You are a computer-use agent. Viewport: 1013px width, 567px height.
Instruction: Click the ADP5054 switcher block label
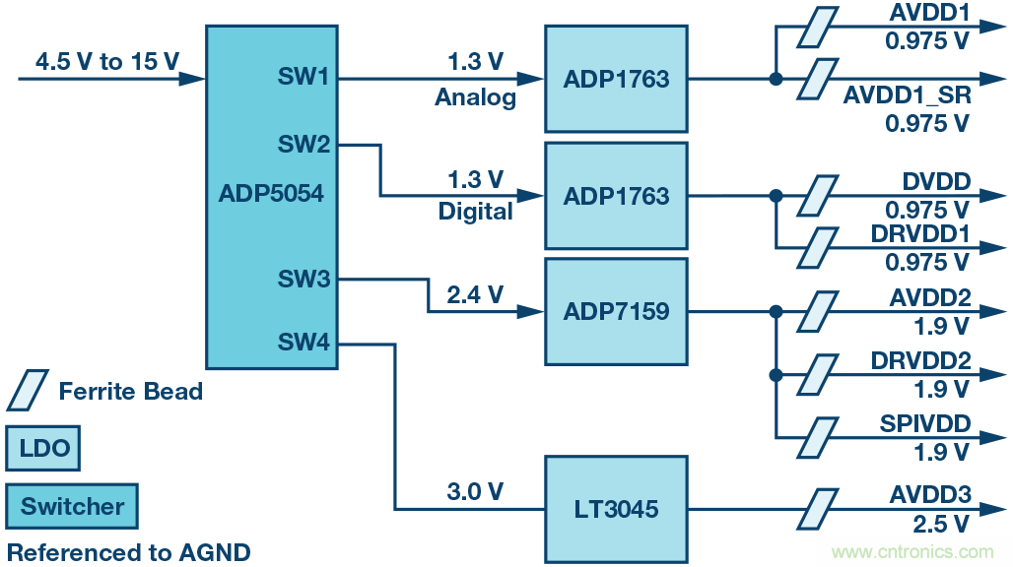(x=270, y=193)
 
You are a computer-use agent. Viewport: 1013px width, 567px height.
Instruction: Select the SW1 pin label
(x=303, y=77)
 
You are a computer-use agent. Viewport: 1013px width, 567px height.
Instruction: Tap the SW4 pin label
(x=303, y=343)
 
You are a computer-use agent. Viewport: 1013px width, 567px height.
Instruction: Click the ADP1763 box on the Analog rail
(x=616, y=79)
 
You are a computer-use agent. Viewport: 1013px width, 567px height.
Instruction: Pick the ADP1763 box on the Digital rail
(x=616, y=196)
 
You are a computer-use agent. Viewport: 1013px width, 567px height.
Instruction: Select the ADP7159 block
(x=616, y=312)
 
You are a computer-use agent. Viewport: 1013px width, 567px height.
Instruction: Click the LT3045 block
(x=616, y=510)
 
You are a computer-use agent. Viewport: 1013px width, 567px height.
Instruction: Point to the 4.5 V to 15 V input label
(x=107, y=62)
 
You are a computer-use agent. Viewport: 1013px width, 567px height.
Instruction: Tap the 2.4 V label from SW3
(x=475, y=293)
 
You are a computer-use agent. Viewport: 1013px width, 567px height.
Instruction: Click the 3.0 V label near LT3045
(x=475, y=491)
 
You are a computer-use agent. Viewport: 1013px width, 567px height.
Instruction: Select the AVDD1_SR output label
(x=907, y=96)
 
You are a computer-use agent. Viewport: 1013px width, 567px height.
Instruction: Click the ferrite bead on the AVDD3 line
(x=814, y=510)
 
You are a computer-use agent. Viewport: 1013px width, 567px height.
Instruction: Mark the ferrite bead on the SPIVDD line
(x=814, y=435)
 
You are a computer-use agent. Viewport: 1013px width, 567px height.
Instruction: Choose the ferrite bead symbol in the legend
(x=27, y=391)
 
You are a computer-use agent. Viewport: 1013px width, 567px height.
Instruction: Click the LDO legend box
(x=42, y=449)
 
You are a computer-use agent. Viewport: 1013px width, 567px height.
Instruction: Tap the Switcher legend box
(x=72, y=506)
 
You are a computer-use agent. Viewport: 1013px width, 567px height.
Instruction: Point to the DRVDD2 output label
(x=920, y=361)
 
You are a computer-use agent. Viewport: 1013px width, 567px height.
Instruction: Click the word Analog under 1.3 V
(x=475, y=97)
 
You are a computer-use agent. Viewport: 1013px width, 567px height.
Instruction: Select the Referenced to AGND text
(x=129, y=552)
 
